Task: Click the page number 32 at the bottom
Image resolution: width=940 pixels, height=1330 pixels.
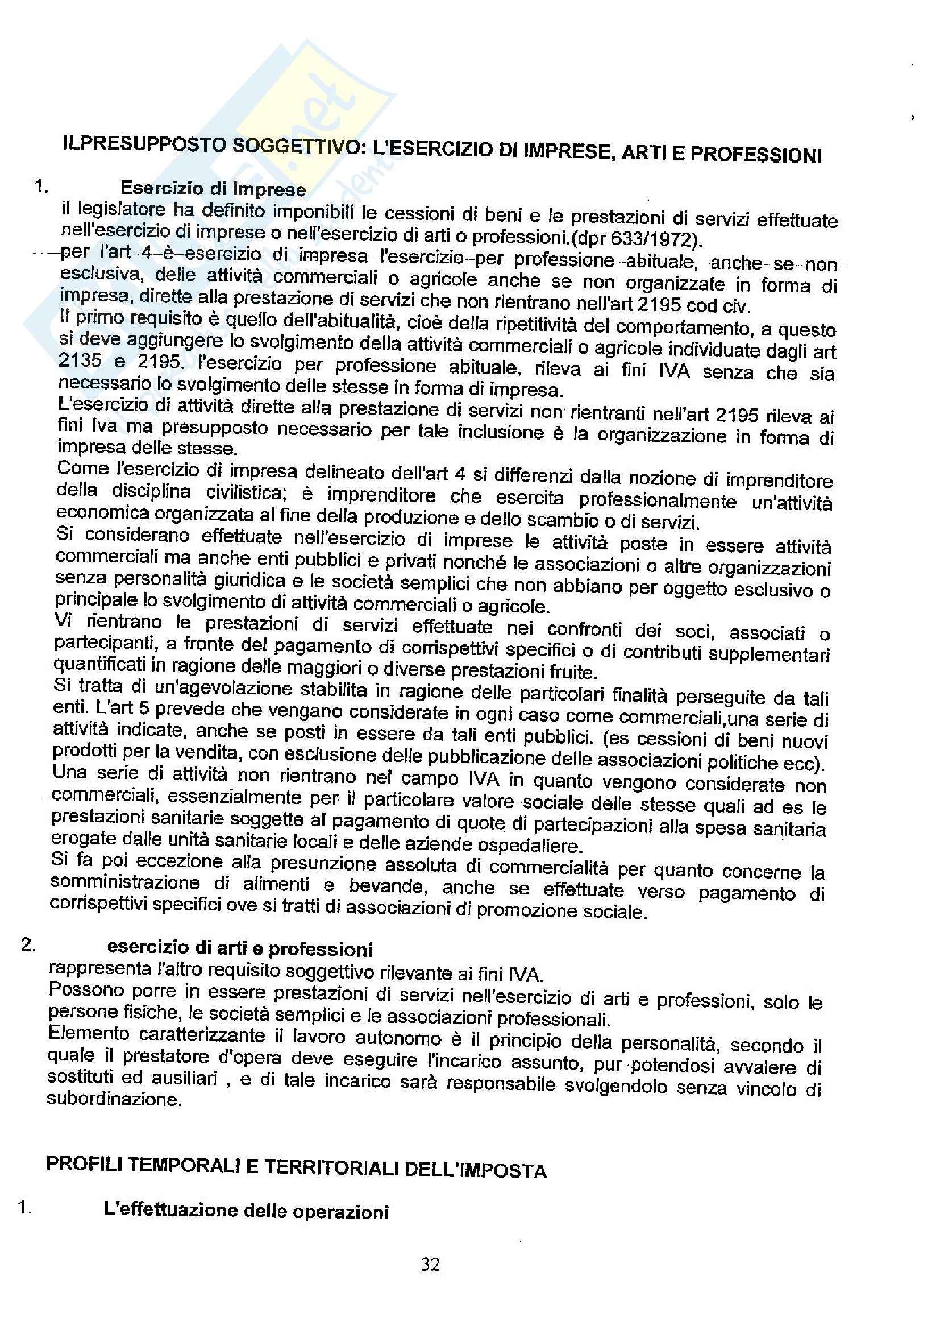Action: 431,1265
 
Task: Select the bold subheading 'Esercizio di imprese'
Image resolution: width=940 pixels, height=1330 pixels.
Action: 213,189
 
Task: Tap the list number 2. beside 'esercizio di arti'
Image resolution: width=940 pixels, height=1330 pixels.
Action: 28,944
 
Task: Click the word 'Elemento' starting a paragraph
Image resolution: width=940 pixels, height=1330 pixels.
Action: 82,1033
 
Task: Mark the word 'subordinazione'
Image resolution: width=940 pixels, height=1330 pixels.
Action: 114,1099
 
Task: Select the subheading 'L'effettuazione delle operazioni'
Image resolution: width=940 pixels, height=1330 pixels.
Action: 246,1211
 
